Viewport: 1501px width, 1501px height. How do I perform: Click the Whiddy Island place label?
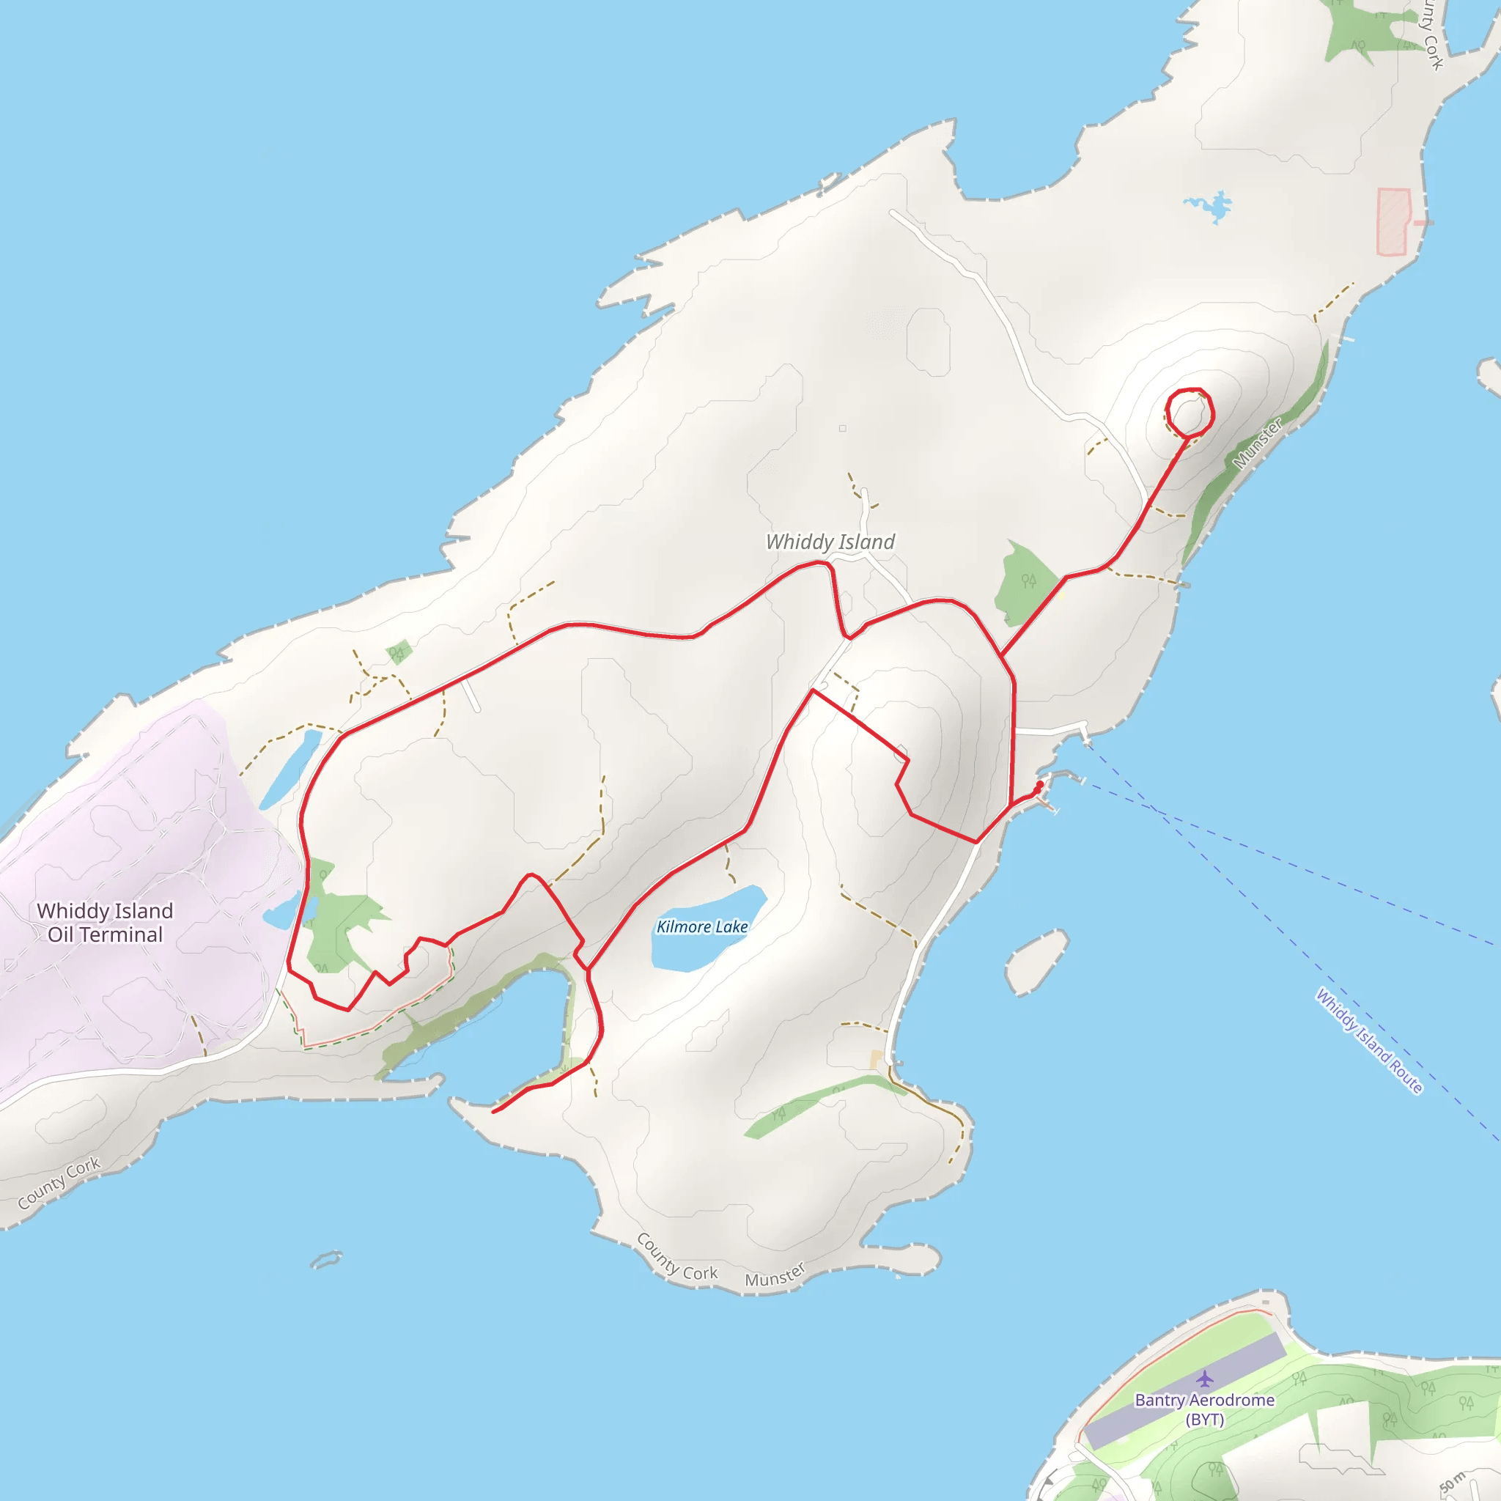click(x=830, y=542)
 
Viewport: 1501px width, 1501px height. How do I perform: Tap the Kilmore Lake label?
click(x=701, y=926)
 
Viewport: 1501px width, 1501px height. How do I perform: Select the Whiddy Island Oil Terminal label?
click(x=105, y=922)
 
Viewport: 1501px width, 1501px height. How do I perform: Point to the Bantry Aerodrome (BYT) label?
click(x=1204, y=1409)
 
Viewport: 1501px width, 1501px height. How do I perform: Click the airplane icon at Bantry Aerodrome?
click(x=1204, y=1379)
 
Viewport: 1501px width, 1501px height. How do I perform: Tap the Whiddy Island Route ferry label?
click(x=1368, y=1041)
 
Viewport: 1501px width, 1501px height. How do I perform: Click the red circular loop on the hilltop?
click(x=1190, y=412)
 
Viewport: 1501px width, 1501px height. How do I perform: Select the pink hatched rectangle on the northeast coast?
click(x=1393, y=221)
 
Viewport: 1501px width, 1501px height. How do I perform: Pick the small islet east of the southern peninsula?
click(x=1036, y=962)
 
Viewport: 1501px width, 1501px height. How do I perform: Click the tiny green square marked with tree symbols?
click(x=399, y=651)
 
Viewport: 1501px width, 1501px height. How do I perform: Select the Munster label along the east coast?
click(x=1257, y=443)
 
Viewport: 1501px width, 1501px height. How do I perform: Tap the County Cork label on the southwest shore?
click(x=59, y=1182)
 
